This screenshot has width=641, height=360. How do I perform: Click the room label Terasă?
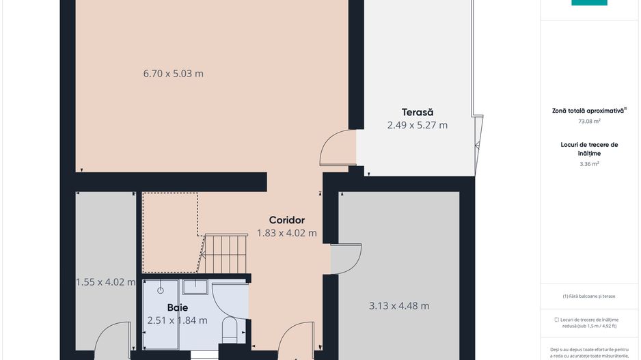(x=417, y=112)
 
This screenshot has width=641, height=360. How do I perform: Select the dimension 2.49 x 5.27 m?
(x=417, y=125)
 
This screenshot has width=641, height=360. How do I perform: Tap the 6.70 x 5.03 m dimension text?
(x=173, y=74)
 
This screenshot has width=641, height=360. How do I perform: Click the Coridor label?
(x=286, y=220)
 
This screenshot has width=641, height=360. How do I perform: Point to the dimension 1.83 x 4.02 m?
(x=286, y=233)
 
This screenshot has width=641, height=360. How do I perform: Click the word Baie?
(x=177, y=307)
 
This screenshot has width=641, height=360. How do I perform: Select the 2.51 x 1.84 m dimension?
(x=177, y=320)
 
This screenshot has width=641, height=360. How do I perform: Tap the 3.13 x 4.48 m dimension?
(x=399, y=306)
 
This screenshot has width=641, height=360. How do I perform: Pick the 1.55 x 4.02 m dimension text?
(x=105, y=281)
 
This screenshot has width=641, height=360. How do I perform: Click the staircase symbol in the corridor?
(x=225, y=253)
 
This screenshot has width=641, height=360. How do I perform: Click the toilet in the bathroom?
(x=230, y=329)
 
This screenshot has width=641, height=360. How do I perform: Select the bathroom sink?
(x=195, y=287)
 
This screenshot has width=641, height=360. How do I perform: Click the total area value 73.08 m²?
(x=589, y=121)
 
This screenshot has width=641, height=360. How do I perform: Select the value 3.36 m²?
(x=589, y=164)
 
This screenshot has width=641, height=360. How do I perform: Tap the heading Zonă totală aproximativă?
(x=589, y=110)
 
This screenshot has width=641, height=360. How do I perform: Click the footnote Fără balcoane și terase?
(x=589, y=296)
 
